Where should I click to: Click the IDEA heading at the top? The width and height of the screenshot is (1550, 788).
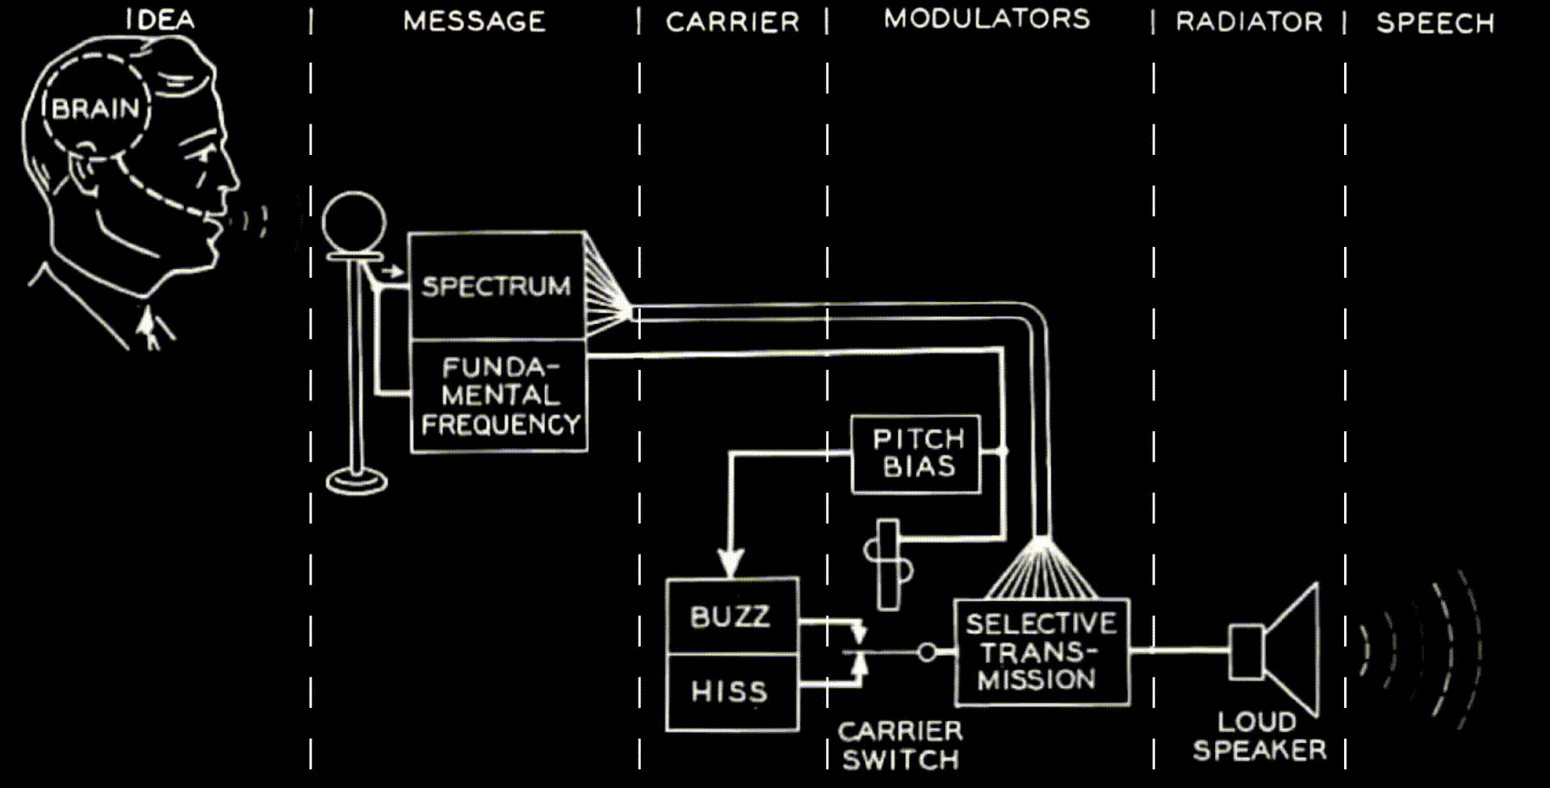tap(160, 19)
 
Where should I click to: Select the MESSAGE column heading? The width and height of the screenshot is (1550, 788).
tap(475, 21)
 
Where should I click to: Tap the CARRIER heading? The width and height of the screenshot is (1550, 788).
tap(732, 22)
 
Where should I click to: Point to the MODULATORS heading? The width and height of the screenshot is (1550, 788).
tap(987, 19)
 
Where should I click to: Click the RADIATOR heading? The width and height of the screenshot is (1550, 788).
tap(1249, 22)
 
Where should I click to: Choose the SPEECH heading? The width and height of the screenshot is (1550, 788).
tap(1435, 23)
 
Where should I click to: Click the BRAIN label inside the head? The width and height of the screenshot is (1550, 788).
tap(95, 108)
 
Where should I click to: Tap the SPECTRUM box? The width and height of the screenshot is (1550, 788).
tap(496, 286)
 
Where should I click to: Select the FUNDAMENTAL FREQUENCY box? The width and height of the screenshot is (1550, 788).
tap(500, 396)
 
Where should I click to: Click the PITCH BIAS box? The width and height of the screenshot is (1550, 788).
tap(917, 453)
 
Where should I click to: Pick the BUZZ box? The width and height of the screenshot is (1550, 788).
tap(731, 617)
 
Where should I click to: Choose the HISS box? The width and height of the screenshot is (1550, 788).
tap(731, 692)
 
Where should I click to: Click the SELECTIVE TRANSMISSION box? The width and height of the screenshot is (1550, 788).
tap(1041, 652)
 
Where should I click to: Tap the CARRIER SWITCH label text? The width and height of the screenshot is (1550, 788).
tap(900, 745)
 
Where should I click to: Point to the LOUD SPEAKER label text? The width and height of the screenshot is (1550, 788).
tap(1259, 736)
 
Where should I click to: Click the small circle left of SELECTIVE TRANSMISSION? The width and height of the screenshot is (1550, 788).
tap(928, 652)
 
